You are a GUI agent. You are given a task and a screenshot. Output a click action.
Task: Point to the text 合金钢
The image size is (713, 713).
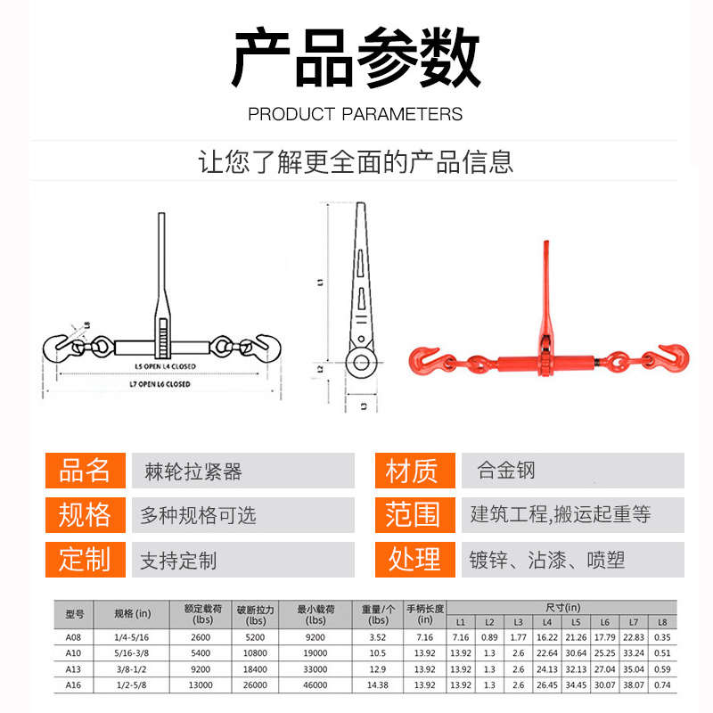click(506, 470)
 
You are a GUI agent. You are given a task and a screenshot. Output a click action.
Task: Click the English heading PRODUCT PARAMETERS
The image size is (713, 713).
click(356, 114)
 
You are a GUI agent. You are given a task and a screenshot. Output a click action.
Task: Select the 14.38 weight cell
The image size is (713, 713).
click(378, 684)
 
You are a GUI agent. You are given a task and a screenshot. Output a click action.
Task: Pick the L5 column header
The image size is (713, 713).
click(576, 622)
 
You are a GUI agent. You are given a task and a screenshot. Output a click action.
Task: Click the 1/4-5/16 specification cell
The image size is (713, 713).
click(133, 637)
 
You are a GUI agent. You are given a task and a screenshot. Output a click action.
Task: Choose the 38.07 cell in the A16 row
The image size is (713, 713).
click(634, 684)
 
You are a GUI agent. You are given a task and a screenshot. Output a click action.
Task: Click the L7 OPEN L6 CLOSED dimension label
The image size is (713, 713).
click(161, 384)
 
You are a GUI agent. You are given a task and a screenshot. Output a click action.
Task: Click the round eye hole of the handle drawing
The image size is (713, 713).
click(361, 361)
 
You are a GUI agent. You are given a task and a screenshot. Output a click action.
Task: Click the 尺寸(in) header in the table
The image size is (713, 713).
click(561, 607)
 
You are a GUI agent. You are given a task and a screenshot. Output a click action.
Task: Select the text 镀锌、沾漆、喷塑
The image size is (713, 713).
click(547, 560)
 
